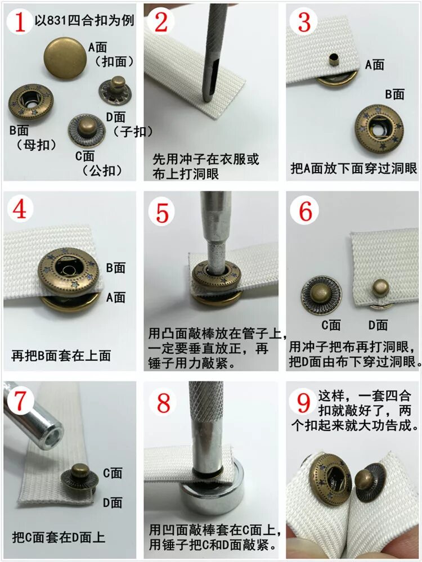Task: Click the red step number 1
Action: pos(20,21)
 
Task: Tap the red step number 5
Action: pos(163,213)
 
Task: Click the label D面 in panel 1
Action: pos(116,117)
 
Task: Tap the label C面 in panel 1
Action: pos(84,156)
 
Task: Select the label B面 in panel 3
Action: pos(395,95)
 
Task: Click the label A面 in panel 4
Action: pos(116,298)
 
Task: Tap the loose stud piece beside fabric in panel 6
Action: pos(321,295)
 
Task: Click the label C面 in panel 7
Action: pos(113,473)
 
